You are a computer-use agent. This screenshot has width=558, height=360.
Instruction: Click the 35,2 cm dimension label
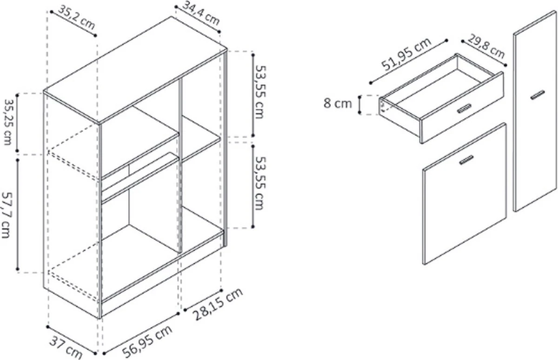76,17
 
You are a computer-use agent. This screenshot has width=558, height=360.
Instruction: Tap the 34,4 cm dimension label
201,13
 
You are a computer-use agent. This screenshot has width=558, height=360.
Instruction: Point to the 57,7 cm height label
6,215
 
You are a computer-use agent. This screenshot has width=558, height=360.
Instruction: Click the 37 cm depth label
66,347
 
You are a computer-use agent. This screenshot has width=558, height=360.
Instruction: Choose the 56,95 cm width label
147,341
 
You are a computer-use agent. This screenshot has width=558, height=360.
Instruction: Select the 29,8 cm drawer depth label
486,47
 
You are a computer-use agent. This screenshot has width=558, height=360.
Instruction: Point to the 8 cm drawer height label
338,103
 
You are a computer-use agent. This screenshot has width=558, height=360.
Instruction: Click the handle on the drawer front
464,108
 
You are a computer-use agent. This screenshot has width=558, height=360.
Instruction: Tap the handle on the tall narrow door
538,95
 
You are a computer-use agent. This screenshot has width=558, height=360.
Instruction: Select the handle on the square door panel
466,160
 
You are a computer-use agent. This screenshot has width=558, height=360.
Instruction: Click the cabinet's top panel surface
135,70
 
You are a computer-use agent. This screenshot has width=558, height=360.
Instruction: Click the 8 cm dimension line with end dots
359,105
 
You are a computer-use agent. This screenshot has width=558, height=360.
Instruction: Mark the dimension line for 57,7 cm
18,214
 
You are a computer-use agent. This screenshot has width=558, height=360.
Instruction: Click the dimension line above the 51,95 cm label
409,61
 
